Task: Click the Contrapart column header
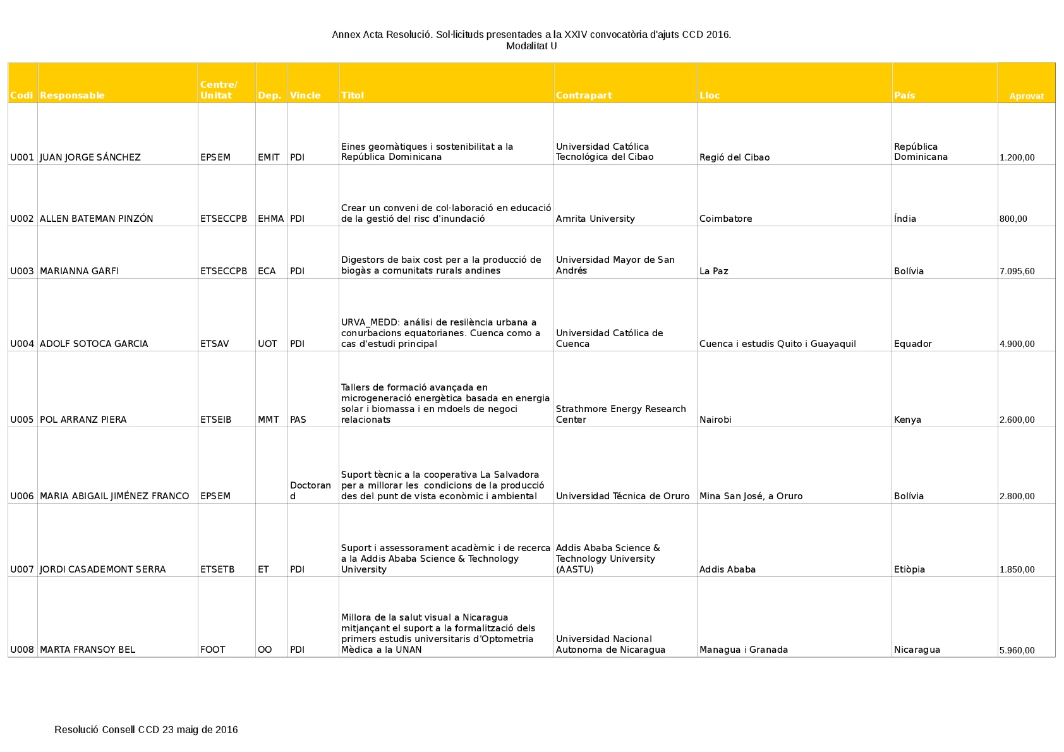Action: click(x=584, y=95)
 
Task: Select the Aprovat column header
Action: click(x=1026, y=97)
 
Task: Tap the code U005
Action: click(x=22, y=420)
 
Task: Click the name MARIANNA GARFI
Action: click(x=79, y=271)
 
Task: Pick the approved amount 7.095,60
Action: click(x=1017, y=272)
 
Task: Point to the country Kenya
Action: click(x=907, y=420)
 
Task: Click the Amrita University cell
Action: click(x=595, y=219)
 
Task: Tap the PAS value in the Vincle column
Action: click(x=298, y=420)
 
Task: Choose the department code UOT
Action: click(x=267, y=344)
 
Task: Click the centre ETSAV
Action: click(x=215, y=344)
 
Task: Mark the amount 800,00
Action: click(x=1013, y=219)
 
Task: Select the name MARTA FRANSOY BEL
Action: click(x=87, y=650)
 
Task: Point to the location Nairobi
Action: click(x=715, y=420)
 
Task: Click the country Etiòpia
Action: click(x=909, y=569)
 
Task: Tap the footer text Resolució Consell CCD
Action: click(x=146, y=730)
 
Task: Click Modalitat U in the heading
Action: click(x=531, y=45)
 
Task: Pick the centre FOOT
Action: click(x=212, y=650)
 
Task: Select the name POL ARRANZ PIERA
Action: click(x=83, y=420)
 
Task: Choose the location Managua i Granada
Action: click(x=743, y=650)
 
